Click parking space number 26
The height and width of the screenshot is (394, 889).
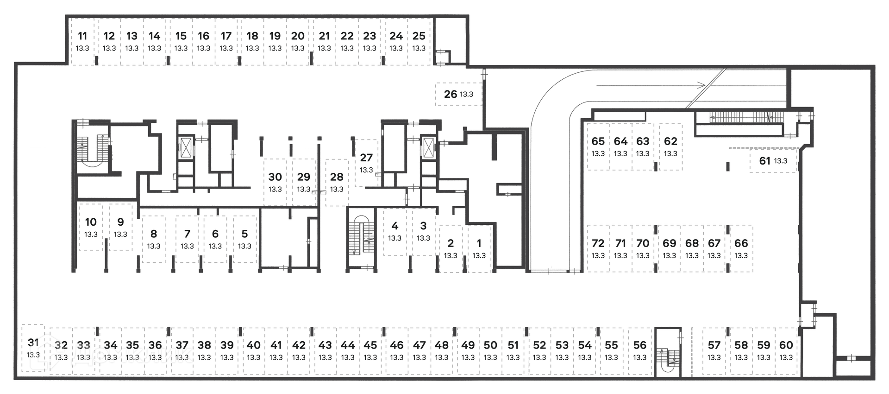459,94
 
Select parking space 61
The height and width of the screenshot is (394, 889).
774,161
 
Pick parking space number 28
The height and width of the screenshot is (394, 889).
337,183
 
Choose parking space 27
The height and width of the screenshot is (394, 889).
366,163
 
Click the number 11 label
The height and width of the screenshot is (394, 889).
82,36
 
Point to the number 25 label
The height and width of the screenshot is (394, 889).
419,36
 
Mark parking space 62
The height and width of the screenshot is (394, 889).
670,146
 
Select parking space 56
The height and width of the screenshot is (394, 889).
640,351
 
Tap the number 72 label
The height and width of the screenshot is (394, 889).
598,243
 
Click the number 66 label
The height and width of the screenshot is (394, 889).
741,243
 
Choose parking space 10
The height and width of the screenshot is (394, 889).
91,227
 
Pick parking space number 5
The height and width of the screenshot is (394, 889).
244,239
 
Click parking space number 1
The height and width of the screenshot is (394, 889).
479,248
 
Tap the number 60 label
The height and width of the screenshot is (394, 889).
786,345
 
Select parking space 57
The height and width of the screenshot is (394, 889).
714,351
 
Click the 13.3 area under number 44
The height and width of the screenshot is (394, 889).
348,357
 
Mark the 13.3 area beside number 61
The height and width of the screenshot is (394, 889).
781,161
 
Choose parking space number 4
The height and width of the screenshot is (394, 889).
395,232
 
